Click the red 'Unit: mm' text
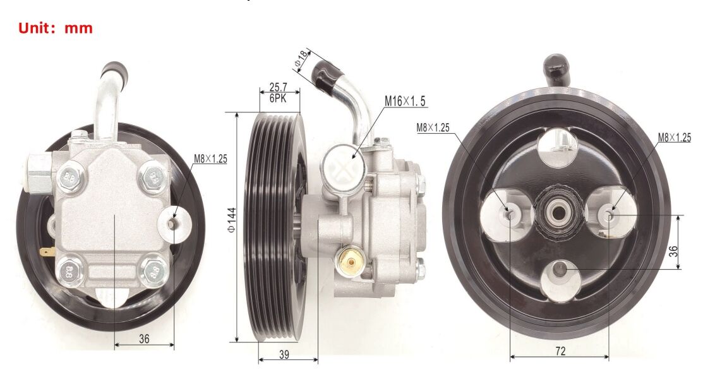tap(55, 28)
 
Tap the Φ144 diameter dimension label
tap(232, 220)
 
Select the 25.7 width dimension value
tap(278, 87)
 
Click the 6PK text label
tap(278, 98)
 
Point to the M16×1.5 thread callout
tap(405, 101)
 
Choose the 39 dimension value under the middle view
tap(284, 355)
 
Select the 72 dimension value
tap(560, 351)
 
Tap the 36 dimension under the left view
tap(144, 338)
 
